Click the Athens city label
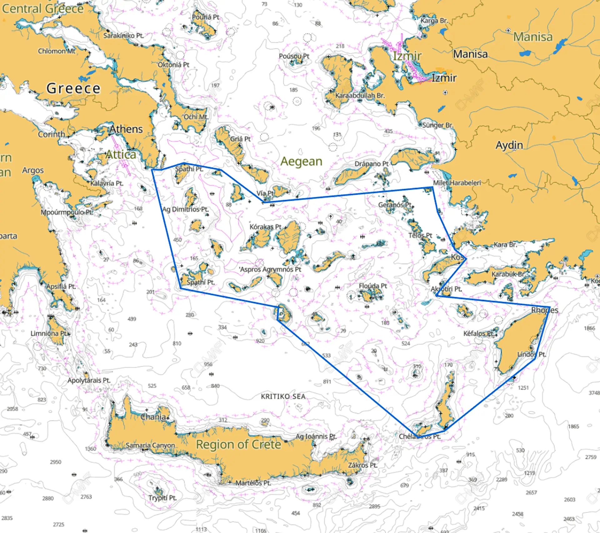[126, 129]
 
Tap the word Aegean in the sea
[301, 161]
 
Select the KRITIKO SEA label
[283, 396]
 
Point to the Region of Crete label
[238, 444]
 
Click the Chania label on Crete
[153, 417]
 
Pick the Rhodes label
[545, 310]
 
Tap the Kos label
[457, 257]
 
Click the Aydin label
[509, 145]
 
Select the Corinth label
[52, 134]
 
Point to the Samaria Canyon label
[150, 445]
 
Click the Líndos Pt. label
[532, 354]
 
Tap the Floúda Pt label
[373, 286]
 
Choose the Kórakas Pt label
[265, 227]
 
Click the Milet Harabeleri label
[457, 183]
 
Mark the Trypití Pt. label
[162, 498]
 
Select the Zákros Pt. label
[363, 465]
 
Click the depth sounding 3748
[594, 393]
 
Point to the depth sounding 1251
[523, 388]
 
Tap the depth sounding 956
[208, 364]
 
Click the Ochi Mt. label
[196, 117]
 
